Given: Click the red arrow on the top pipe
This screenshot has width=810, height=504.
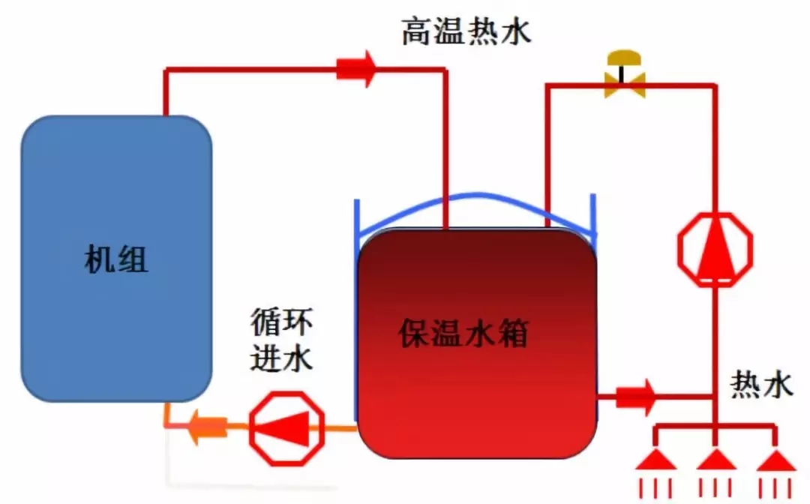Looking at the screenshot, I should [355, 69].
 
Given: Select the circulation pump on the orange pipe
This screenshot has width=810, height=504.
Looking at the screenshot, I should [286, 428].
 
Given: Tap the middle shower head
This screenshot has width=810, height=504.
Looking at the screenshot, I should [716, 458].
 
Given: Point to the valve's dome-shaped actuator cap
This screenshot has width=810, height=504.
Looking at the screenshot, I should [625, 58].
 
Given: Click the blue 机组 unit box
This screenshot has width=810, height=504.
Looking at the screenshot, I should [116, 187].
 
